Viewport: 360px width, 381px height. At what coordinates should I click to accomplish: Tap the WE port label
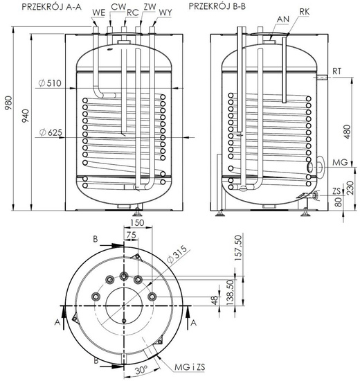98,12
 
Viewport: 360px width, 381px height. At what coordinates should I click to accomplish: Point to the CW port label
120,7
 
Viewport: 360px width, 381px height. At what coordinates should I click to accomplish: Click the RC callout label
132,12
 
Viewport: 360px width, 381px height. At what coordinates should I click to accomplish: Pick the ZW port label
150,7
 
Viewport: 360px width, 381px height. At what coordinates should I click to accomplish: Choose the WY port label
166,12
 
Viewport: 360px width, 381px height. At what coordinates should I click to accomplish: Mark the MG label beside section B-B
339,162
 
